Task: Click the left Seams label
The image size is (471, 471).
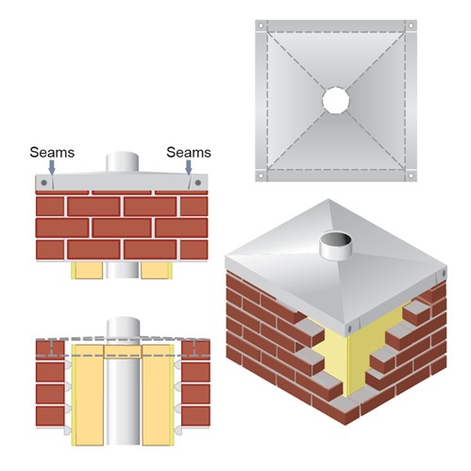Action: pyautogui.click(x=52, y=152)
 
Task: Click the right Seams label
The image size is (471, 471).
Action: pyautogui.click(x=189, y=152)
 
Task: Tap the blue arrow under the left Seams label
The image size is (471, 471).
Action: pyautogui.click(x=52, y=167)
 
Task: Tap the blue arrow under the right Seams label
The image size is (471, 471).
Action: pyautogui.click(x=189, y=167)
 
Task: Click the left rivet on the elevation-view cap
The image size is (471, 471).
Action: pyautogui.click(x=44, y=182)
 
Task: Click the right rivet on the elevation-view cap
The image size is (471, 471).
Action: pyautogui.click(x=198, y=182)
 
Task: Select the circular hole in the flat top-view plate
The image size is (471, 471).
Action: pyautogui.click(x=336, y=100)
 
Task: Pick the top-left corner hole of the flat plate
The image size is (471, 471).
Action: pyautogui.click(x=261, y=25)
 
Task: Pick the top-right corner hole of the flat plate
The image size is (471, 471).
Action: pyautogui.click(x=411, y=25)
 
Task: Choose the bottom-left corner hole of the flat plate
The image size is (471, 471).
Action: pyautogui.click(x=261, y=176)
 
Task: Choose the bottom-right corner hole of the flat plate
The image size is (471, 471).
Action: pyautogui.click(x=411, y=176)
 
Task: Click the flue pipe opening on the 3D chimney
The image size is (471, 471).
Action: pyautogui.click(x=335, y=240)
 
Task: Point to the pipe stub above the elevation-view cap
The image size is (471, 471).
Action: pyautogui.click(x=122, y=161)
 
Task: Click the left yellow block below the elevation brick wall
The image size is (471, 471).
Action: pyautogui.click(x=87, y=270)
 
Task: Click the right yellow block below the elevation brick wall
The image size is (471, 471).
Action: pyautogui.click(x=157, y=270)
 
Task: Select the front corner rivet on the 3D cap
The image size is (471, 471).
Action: pyautogui.click(x=350, y=328)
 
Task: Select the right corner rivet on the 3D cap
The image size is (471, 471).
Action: pyautogui.click(x=444, y=274)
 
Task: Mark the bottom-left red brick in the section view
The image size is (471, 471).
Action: pyautogui.click(x=50, y=416)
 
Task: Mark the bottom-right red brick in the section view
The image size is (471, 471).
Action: pyautogui.click(x=195, y=416)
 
